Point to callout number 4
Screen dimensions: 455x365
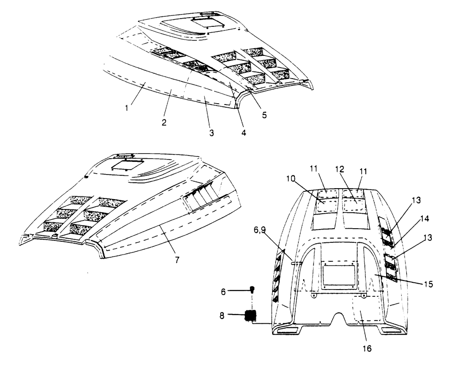point(243,133)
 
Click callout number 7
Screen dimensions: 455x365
point(177,260)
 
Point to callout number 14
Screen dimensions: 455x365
point(425,219)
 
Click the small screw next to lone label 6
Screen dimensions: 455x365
point(253,290)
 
